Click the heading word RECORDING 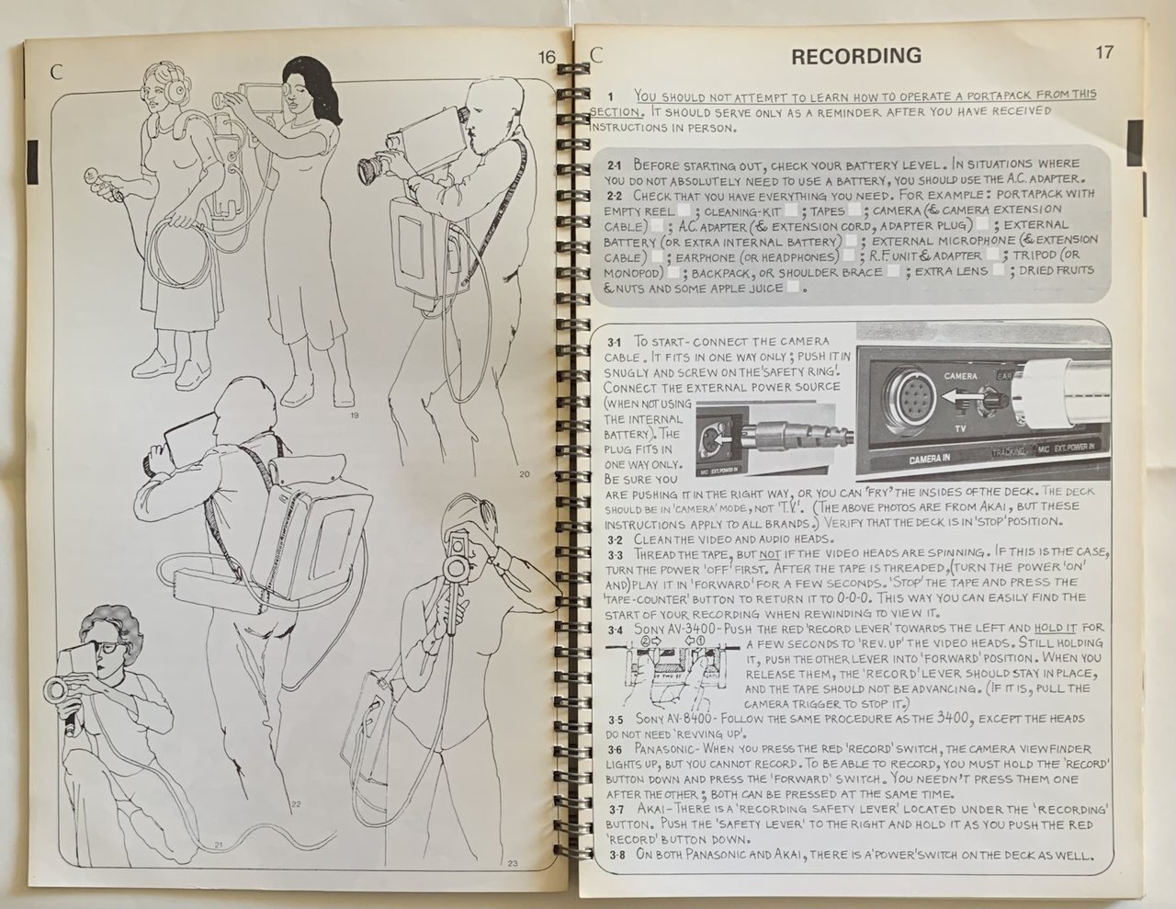tap(856, 56)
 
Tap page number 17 tap(1104, 52)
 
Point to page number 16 tap(548, 57)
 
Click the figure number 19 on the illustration tap(355, 415)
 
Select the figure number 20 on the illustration tap(525, 474)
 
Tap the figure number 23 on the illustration tap(513, 863)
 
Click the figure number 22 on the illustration tap(296, 804)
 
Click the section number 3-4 tap(616, 631)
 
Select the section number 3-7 tap(616, 811)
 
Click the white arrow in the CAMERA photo tap(961, 397)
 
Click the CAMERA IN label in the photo tap(929, 460)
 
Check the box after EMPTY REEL tap(684, 210)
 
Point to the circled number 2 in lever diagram tap(645, 640)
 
